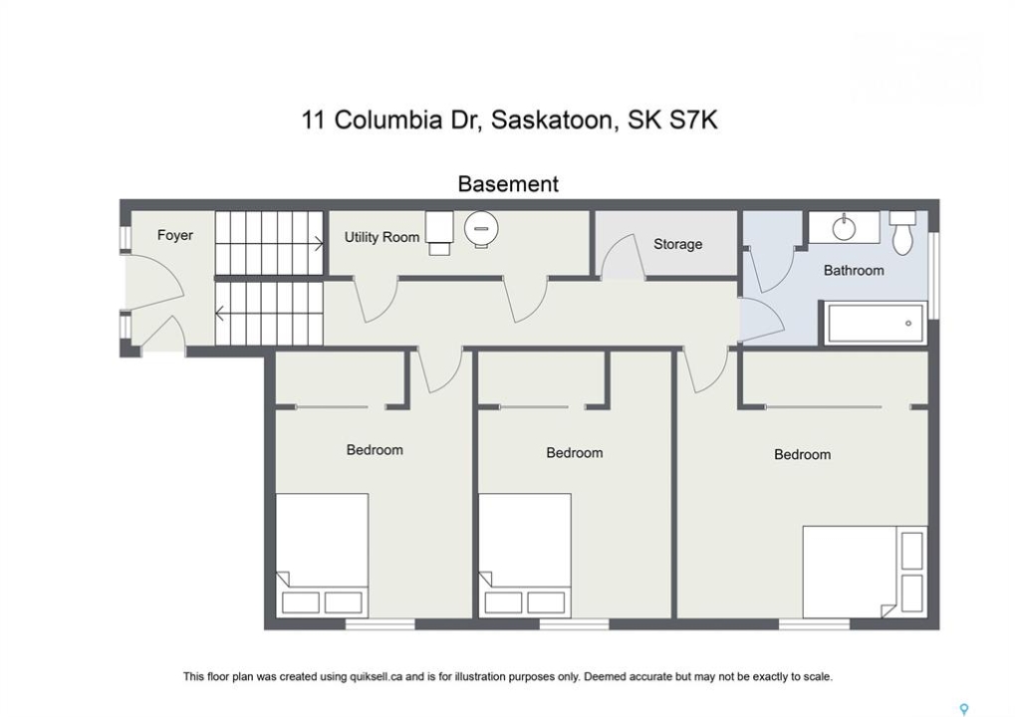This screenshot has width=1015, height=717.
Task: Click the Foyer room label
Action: coord(174,236)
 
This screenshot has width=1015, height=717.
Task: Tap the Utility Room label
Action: coord(381,237)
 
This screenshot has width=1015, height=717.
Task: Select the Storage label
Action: coord(677,244)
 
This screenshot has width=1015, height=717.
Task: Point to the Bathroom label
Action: coord(854,271)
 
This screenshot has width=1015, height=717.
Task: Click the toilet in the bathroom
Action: coord(902,232)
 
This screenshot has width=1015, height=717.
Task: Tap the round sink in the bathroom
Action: coord(844,228)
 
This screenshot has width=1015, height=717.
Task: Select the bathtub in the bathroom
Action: coord(874,323)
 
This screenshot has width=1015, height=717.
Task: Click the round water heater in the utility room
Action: coord(481,229)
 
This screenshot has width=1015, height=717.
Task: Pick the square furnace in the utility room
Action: coord(439,233)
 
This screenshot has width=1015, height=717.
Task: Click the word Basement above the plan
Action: coord(508,184)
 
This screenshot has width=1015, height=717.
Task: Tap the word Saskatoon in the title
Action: coord(552,121)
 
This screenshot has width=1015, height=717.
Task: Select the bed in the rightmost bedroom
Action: coord(864,572)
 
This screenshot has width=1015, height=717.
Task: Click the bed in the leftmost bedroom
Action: coord(322,556)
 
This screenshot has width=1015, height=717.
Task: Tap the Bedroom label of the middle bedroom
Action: coord(574,453)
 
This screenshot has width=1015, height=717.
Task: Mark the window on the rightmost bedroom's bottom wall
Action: coord(814,623)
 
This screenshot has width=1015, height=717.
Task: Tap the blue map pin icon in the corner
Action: coord(964,709)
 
